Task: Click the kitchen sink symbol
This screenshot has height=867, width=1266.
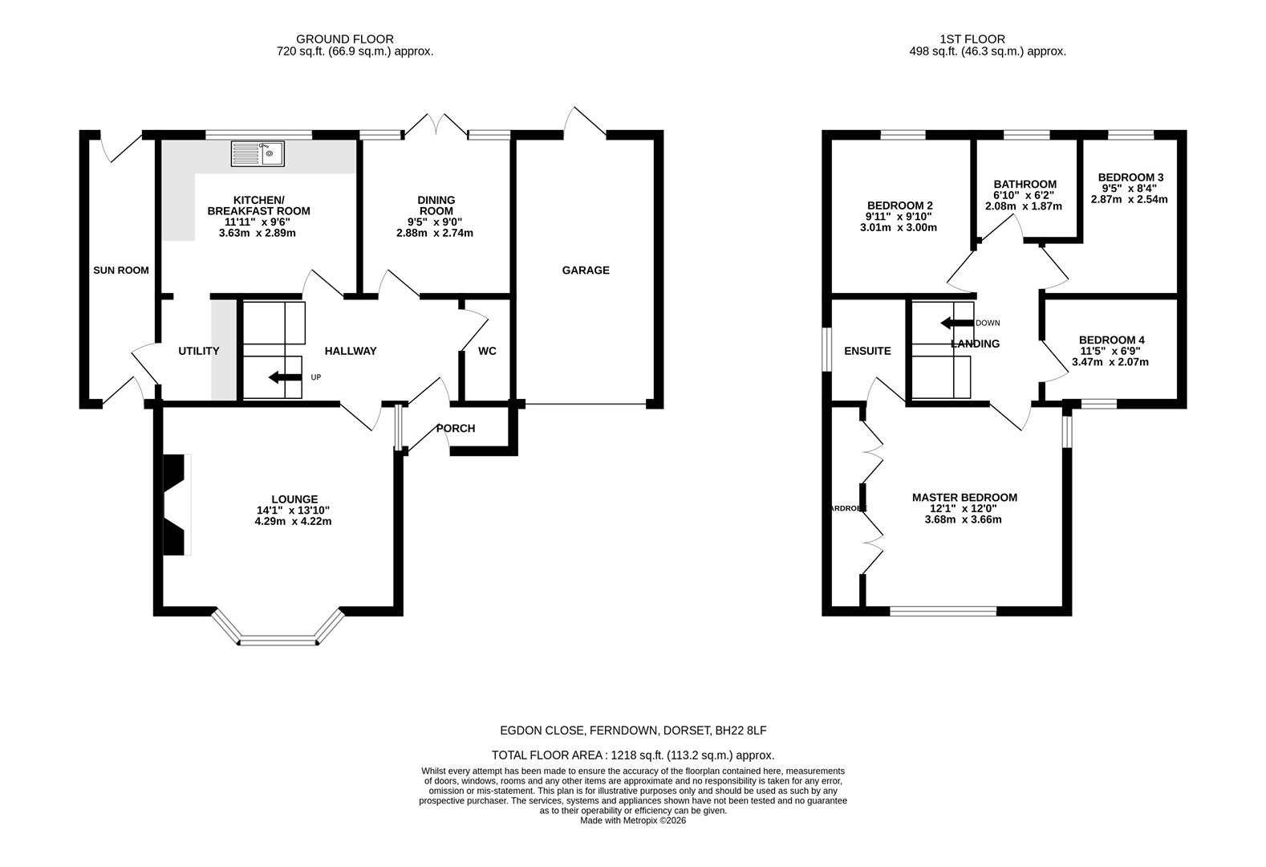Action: point(258,153)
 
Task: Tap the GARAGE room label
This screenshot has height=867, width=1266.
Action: point(586,271)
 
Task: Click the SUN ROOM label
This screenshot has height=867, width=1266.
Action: point(121,271)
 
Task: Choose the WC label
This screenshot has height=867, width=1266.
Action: point(487,351)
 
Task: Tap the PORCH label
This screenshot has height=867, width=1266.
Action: point(456,429)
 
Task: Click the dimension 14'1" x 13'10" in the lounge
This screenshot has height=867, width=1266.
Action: point(293,510)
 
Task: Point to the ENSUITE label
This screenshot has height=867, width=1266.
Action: point(867,351)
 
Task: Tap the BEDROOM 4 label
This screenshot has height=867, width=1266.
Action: point(1111,340)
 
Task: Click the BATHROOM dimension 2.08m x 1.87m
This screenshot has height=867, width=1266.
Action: point(1024,206)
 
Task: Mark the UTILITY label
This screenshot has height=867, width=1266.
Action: point(199,351)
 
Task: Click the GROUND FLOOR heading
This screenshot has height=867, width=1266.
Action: point(345,39)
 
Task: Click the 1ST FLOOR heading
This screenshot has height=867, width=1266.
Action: point(972,39)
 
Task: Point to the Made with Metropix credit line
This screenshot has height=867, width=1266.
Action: point(633,820)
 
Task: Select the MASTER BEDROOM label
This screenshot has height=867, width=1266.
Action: point(964,498)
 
